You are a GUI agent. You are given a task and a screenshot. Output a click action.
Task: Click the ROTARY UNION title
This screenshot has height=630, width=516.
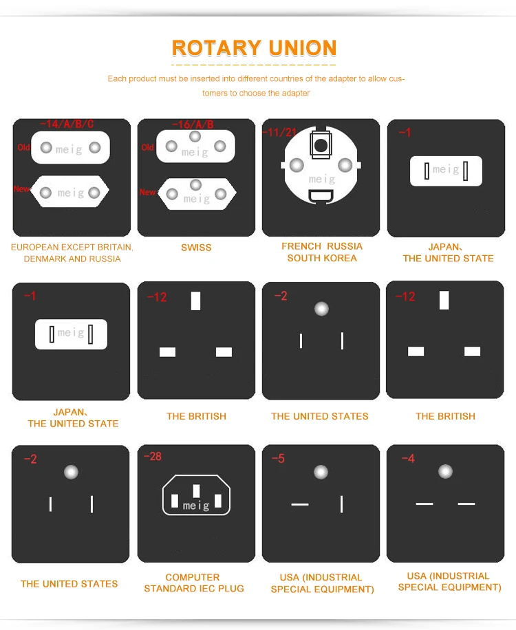coord(254,48)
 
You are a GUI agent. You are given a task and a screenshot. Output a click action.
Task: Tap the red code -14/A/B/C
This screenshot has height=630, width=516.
coord(67,124)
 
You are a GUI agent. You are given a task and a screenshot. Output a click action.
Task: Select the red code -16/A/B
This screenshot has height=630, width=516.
coord(193,124)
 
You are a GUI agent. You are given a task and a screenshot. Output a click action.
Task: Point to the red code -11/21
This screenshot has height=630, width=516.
coord(279,132)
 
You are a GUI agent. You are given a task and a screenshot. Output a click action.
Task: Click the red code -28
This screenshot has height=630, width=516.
coord(153,457)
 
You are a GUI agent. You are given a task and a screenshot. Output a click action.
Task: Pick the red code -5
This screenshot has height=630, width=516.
coord(278,459)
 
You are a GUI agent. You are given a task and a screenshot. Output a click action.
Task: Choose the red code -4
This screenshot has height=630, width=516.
coord(408,459)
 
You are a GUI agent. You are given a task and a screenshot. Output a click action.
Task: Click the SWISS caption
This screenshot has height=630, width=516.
coord(196,248)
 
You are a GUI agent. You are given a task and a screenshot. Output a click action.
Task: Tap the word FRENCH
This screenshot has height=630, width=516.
coord(301,246)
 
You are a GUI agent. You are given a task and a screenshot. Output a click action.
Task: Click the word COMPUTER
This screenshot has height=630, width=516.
coord(193,577)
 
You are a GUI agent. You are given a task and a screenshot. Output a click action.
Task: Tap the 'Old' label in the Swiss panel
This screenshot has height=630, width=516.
coord(147,147)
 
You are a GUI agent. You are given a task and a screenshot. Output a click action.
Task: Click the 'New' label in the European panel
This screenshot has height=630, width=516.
coord(21,189)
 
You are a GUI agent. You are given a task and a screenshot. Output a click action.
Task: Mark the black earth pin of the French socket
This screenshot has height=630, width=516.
coord(321,145)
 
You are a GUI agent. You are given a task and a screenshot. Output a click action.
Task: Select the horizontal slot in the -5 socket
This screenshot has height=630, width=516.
coord(300,504)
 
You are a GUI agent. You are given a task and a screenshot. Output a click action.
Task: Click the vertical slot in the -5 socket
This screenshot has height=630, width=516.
coord(341,504)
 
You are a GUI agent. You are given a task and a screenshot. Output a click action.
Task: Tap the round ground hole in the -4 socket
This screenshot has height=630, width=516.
coord(445,471)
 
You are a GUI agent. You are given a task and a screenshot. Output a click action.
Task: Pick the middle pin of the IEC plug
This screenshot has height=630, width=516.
coord(196,491)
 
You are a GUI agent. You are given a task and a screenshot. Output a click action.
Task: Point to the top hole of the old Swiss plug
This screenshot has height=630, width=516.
coord(195,137)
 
